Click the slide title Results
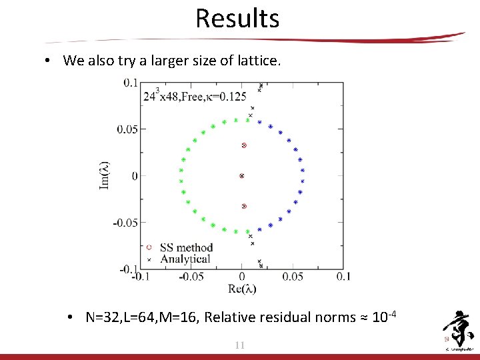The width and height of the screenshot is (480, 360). click(x=237, y=18)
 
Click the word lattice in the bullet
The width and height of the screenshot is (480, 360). click(x=259, y=61)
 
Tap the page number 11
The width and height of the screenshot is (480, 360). click(x=240, y=345)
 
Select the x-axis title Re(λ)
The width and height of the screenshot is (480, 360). click(x=241, y=289)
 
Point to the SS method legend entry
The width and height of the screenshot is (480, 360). click(x=186, y=248)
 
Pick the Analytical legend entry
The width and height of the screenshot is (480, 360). click(x=185, y=259)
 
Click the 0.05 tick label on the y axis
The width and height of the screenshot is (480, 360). click(x=127, y=129)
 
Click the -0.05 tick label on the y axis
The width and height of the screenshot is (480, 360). click(x=125, y=222)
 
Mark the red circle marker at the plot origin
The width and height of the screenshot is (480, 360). click(x=242, y=176)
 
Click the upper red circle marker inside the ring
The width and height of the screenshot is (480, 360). click(x=244, y=145)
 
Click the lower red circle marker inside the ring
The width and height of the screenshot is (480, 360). click(x=244, y=207)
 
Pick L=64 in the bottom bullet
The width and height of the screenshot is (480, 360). click(x=140, y=317)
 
